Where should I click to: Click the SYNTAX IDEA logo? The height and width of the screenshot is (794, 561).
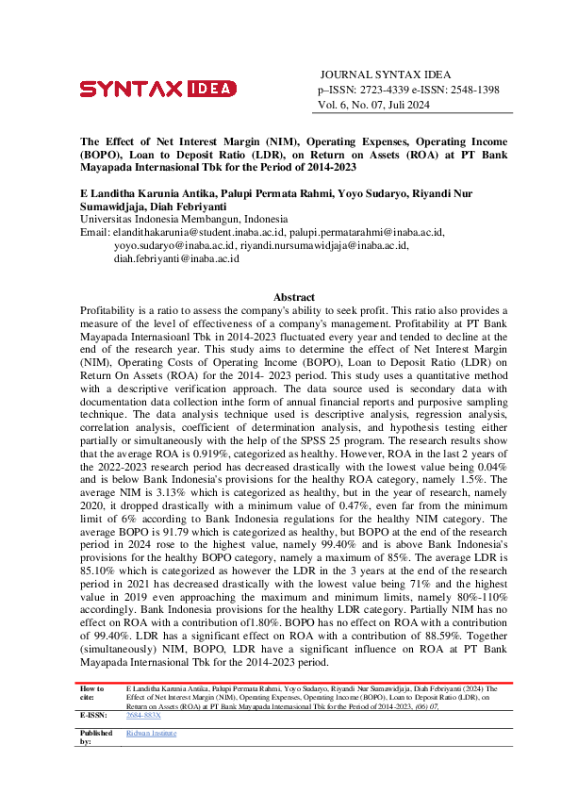tap(151, 90)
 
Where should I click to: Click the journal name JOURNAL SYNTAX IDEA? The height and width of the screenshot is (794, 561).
tap(386, 74)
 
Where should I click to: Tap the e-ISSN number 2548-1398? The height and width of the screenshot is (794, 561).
tap(468, 91)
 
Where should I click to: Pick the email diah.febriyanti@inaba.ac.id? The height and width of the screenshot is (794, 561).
tap(176, 258)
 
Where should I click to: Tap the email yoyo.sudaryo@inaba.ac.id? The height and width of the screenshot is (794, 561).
tap(173, 245)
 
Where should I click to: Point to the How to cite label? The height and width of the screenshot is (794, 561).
tap(92, 694)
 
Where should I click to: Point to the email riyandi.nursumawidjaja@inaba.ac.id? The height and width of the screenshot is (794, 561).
tap(324, 245)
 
